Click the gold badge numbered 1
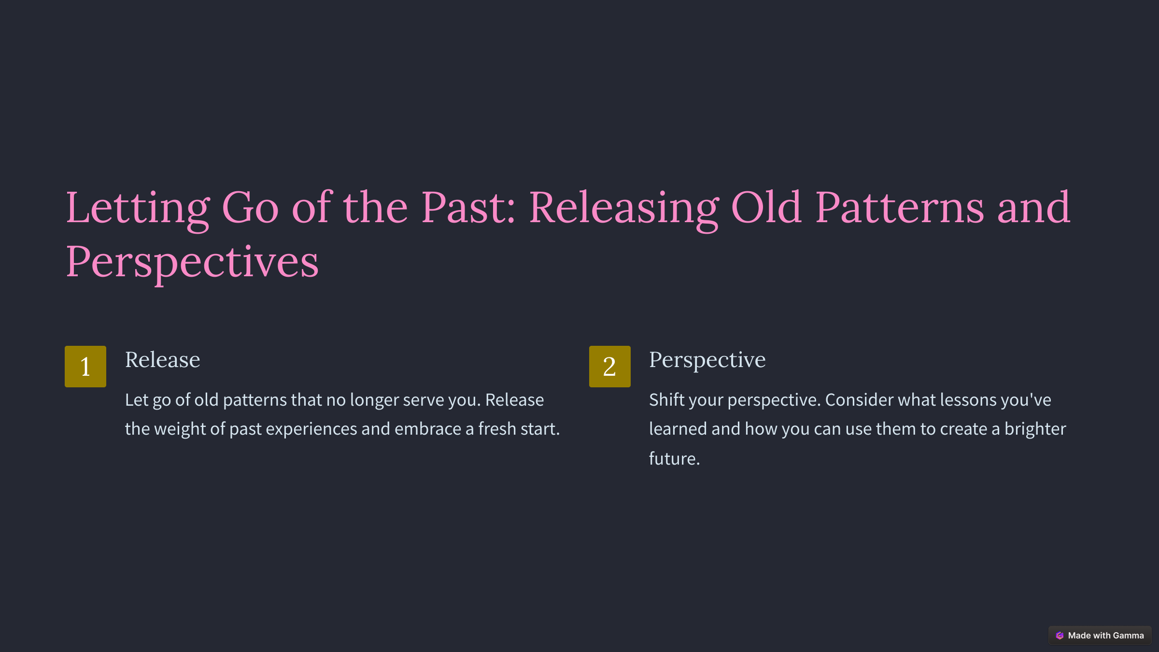[x=85, y=367]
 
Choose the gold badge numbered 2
[x=610, y=367]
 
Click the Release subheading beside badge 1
[x=163, y=360]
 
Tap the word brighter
[x=1035, y=429]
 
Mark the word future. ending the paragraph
[x=675, y=459]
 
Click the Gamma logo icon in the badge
[x=1060, y=636]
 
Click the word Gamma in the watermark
[x=1128, y=636]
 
